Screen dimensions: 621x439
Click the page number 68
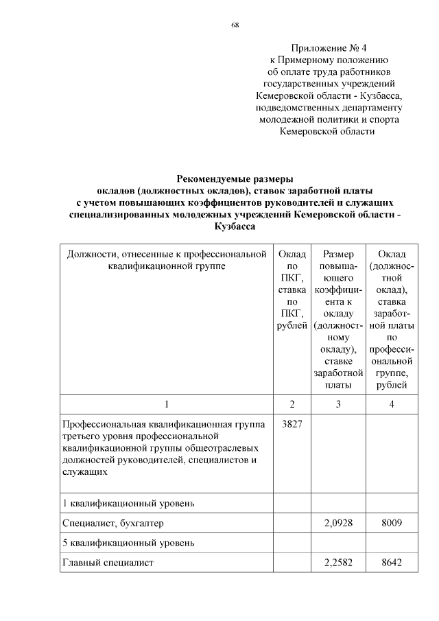point(235,25)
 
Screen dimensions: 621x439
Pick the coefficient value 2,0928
point(337,524)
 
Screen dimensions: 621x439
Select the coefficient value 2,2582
point(337,563)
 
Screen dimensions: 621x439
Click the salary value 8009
point(391,524)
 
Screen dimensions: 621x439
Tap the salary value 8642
point(391,563)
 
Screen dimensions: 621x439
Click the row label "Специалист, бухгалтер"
point(113,524)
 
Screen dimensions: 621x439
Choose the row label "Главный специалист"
point(107,563)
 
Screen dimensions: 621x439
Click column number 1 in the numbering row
point(166,404)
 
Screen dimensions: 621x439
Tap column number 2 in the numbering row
point(292,404)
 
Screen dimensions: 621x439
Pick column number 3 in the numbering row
point(337,404)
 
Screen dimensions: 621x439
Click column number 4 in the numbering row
point(391,404)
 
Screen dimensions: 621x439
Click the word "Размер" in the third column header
point(337,255)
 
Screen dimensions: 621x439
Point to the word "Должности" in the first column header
point(89,255)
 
